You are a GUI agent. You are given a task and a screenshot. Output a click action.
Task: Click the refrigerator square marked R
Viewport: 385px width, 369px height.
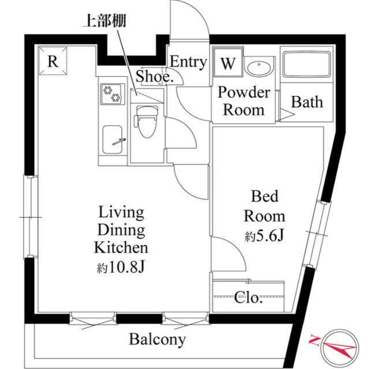click(53, 60)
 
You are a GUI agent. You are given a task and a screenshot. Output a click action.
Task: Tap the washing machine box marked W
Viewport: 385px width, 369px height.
click(228, 62)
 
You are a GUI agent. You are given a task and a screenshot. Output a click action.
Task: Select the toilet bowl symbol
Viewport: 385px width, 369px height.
click(146, 121)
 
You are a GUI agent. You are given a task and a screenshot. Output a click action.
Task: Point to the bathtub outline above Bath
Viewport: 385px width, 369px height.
click(307, 64)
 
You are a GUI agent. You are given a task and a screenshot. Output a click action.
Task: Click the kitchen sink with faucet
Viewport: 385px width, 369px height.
click(112, 140)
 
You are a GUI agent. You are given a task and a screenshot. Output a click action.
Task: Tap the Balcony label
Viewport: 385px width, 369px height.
click(157, 340)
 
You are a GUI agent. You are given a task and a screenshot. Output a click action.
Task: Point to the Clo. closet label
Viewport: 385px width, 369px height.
click(249, 297)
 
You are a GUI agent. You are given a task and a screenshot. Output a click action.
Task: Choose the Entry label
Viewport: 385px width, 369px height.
click(188, 62)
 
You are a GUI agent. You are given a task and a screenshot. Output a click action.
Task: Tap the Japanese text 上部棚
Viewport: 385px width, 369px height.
click(105, 20)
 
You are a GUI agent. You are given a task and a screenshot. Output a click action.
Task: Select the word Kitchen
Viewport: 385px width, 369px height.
click(121, 248)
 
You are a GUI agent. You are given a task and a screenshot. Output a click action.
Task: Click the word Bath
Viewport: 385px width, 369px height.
click(307, 102)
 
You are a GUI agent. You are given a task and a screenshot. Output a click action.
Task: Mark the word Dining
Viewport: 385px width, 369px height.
click(121, 230)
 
